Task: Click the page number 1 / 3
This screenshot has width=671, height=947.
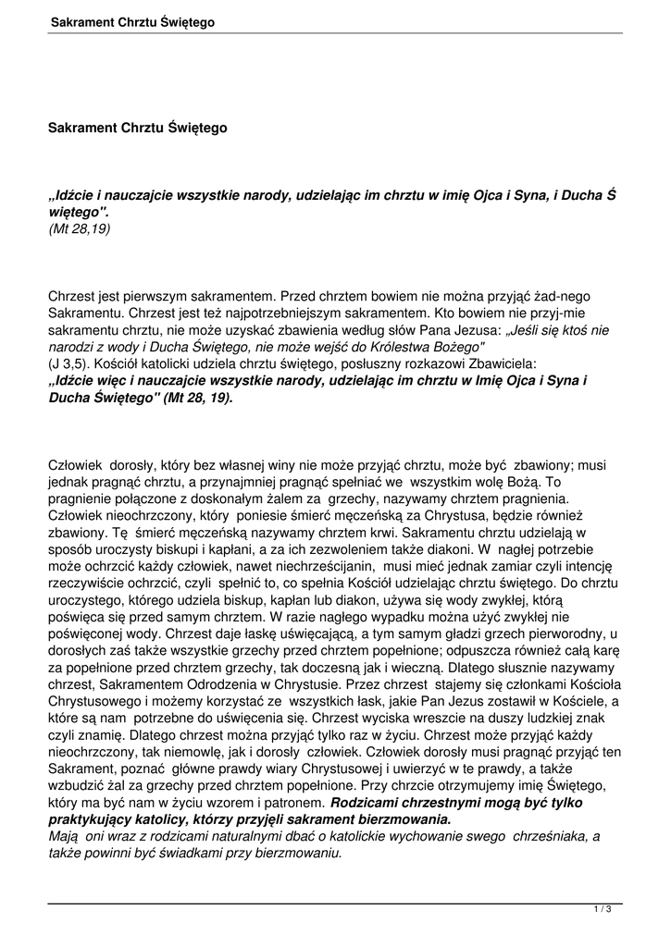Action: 603,910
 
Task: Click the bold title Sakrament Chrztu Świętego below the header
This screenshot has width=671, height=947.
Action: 137,128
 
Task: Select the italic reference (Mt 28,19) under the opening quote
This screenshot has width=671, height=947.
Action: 79,228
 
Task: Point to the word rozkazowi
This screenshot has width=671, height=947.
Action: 423,362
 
